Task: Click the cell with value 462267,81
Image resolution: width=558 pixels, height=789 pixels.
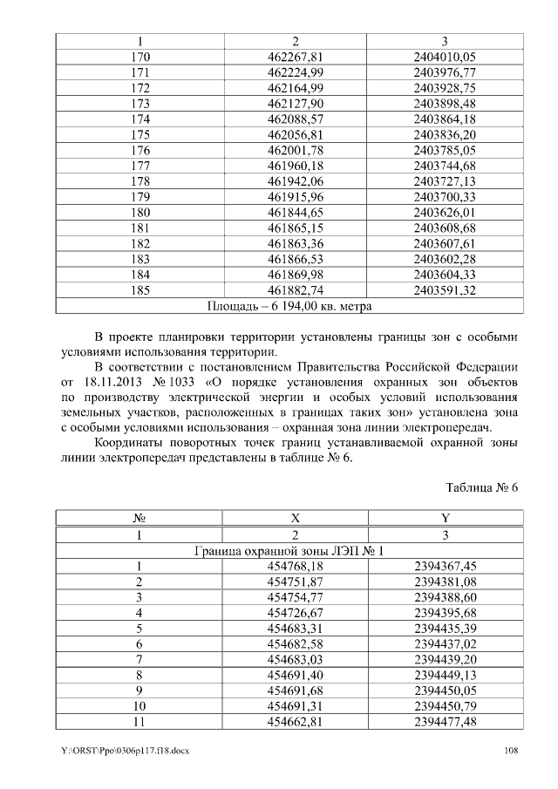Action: [295, 57]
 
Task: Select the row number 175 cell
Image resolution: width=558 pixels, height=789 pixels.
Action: [139, 134]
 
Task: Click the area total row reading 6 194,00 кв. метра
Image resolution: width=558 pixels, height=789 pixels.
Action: [289, 306]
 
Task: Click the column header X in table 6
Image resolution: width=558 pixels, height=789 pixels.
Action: [295, 519]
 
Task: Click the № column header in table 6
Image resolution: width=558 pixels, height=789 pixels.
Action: [139, 519]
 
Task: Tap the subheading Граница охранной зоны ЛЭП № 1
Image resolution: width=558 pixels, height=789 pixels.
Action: [289, 551]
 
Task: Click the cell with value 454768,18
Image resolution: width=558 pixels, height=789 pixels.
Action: [295, 567]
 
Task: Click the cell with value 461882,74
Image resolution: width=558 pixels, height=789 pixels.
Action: [295, 290]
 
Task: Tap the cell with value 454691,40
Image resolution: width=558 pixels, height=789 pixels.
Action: [295, 675]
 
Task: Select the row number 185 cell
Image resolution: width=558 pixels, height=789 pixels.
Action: [139, 290]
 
